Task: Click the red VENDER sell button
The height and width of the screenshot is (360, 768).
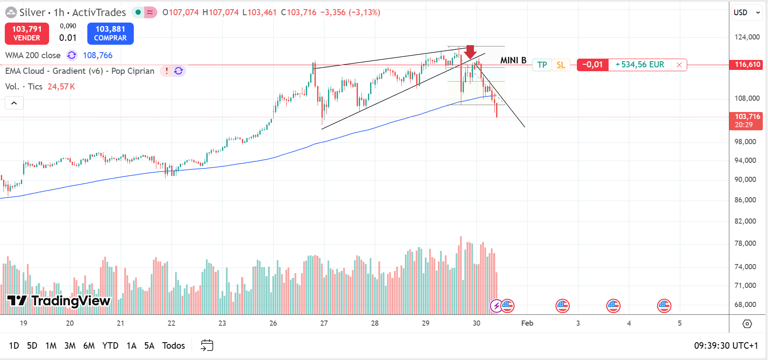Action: tap(27, 33)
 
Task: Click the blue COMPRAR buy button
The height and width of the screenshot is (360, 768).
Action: tap(110, 33)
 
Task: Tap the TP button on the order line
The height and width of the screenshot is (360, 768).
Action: tap(542, 65)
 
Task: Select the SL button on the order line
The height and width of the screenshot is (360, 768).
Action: tap(561, 65)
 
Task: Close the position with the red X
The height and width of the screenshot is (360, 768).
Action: tap(679, 65)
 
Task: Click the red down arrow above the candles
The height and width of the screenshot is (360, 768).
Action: tap(470, 52)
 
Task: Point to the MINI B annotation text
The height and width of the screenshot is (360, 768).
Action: tap(513, 60)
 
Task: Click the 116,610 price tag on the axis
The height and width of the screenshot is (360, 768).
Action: tap(747, 65)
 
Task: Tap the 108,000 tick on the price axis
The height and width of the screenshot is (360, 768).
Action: tap(747, 98)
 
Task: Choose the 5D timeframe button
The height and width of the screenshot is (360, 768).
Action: tap(32, 346)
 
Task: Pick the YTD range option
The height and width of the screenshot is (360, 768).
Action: tap(110, 346)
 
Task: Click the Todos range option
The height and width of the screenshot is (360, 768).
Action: tap(173, 346)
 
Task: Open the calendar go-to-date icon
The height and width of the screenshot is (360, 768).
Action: tap(207, 346)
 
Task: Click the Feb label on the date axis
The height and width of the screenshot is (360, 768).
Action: tap(527, 323)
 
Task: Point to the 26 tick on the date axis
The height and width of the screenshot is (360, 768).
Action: tap(273, 323)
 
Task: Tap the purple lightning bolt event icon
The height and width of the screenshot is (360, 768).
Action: tap(496, 306)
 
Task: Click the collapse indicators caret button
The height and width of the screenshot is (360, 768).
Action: tap(14, 103)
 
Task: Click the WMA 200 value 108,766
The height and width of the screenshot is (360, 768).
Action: tap(98, 55)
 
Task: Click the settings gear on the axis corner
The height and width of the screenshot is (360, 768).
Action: tap(747, 324)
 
